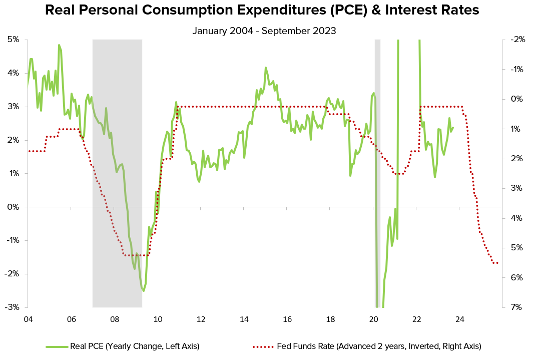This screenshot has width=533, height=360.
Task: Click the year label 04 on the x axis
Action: (x=28, y=319)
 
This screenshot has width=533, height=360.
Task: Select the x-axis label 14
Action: (x=244, y=319)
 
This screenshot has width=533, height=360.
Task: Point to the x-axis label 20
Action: (x=373, y=319)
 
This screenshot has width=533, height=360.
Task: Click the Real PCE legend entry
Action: (x=123, y=346)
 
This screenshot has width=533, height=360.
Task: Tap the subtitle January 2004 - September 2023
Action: (x=264, y=31)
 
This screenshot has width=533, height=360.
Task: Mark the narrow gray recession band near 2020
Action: (x=378, y=150)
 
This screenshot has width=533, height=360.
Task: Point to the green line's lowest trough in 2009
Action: (x=144, y=290)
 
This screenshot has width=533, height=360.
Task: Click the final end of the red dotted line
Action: (x=497, y=263)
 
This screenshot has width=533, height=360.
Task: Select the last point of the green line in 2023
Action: (x=453, y=127)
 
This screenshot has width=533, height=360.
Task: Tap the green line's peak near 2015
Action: (x=266, y=68)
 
